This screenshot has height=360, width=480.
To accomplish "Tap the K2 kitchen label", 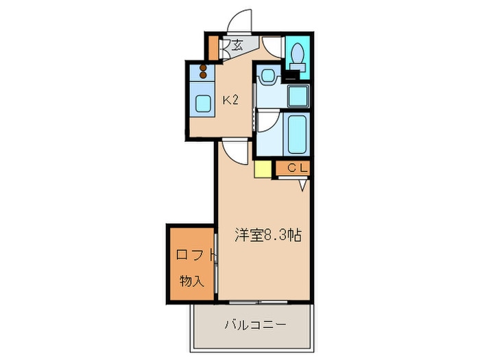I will point(230,100).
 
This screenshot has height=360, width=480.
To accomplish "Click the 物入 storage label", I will point(192,280).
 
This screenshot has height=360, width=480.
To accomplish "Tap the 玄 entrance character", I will point(237,46).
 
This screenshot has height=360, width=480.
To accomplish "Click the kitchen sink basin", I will point(204,104).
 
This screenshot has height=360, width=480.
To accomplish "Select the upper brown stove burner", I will point(204,68).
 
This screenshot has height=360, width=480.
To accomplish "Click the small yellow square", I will point(263,169).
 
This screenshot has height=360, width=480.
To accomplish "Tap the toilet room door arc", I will point(272,46).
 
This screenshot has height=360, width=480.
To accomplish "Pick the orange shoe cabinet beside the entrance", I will point(213,46).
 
